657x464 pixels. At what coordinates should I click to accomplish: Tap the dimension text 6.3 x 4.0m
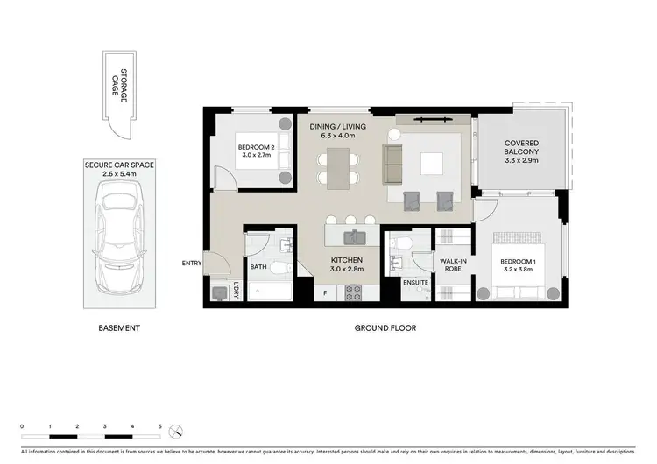(337, 137)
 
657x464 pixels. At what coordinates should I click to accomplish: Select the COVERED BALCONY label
(520, 150)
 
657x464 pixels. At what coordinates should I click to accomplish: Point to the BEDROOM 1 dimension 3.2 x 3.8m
(523, 271)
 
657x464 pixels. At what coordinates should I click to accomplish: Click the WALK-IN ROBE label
(452, 264)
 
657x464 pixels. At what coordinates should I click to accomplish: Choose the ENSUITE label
(414, 282)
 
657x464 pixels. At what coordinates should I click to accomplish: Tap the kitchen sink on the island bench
(353, 236)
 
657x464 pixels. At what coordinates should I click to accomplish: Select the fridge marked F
(325, 294)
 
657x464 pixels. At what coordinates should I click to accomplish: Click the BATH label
(258, 267)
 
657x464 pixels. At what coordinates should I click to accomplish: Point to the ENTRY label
(191, 263)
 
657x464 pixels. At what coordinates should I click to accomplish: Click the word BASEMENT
(119, 328)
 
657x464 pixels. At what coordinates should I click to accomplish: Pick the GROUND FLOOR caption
(385, 328)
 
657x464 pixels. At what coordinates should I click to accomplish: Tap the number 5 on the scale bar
(160, 425)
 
